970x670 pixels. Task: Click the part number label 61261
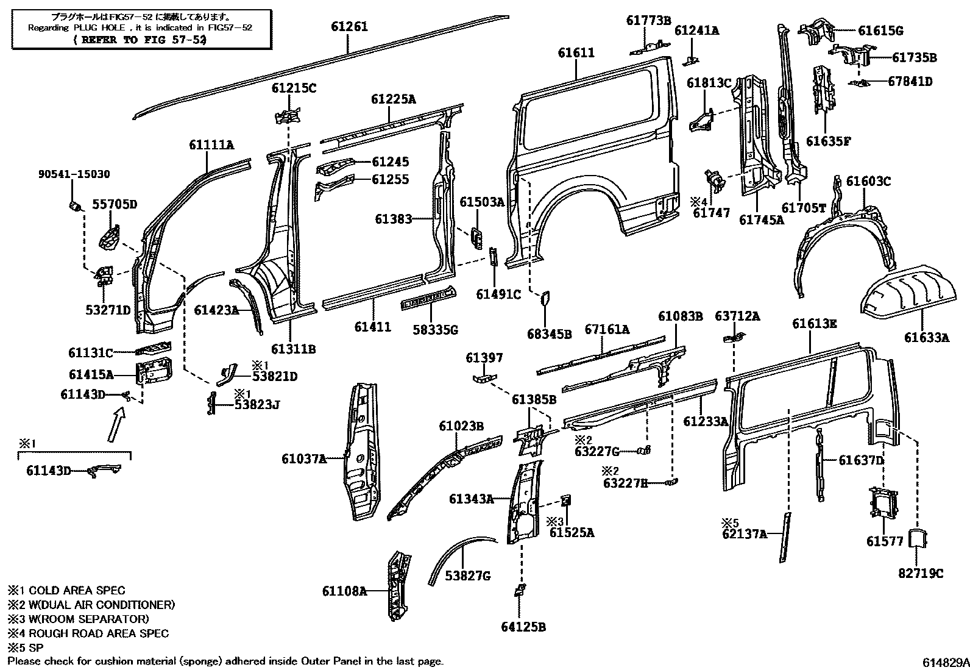point(349,27)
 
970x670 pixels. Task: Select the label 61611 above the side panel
point(576,53)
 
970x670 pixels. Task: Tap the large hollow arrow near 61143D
point(116,424)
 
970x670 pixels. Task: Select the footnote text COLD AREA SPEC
point(77,590)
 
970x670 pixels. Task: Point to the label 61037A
point(304,458)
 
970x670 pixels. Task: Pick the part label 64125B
point(523,627)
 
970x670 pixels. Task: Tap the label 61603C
point(868,181)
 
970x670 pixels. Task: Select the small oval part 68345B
point(546,298)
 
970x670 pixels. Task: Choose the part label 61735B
point(915,58)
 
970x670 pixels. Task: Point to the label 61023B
point(461,426)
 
